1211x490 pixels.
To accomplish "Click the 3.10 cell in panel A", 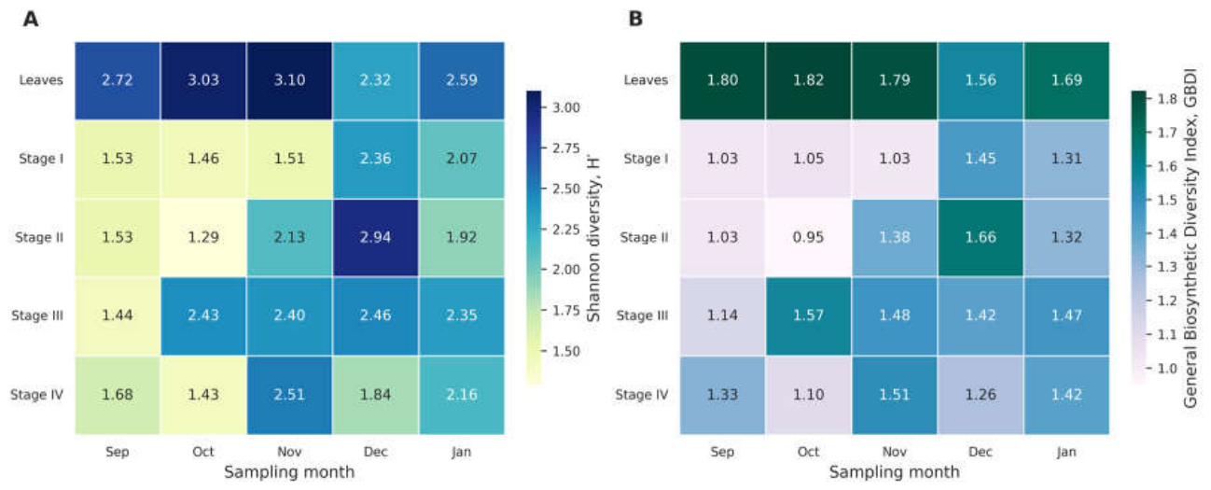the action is (x=289, y=80).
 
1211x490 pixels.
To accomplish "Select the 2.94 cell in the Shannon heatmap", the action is (x=375, y=237).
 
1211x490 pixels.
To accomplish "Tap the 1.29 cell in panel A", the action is (x=203, y=237).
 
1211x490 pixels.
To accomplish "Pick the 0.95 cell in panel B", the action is (x=808, y=237).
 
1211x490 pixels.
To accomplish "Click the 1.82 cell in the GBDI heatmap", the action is (x=808, y=80).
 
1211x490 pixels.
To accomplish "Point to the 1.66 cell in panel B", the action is (x=981, y=237).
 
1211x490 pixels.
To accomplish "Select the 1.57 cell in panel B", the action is (x=808, y=315).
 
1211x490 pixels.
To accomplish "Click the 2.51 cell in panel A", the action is (x=289, y=395).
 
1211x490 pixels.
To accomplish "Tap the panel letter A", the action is (x=31, y=20).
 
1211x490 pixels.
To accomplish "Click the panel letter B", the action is (x=635, y=19).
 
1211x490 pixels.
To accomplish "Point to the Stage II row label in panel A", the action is (x=39, y=237).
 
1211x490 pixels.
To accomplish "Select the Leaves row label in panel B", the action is (x=646, y=80).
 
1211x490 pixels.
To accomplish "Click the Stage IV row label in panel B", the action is (x=642, y=395).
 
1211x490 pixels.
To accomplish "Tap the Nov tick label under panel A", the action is (x=289, y=452).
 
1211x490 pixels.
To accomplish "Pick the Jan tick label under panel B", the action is (x=1066, y=452).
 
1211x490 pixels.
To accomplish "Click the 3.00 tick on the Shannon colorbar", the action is (x=566, y=107).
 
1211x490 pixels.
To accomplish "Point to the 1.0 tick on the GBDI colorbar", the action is (x=1167, y=369).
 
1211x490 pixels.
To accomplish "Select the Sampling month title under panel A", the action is (x=289, y=472).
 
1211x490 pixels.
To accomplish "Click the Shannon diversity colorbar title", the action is (x=593, y=238).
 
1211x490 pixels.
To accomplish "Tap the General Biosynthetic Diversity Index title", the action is (x=1190, y=238).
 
